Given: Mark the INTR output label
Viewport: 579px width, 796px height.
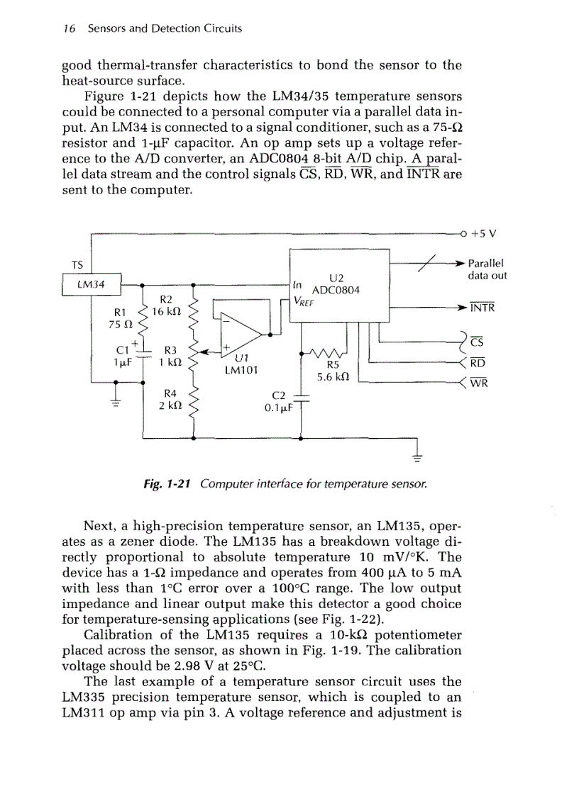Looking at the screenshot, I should [x=482, y=308].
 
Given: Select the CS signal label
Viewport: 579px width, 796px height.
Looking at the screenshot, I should [x=477, y=342].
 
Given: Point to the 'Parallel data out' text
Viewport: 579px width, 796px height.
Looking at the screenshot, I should [x=487, y=269].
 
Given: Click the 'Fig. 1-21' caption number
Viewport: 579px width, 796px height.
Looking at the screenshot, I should [x=168, y=483].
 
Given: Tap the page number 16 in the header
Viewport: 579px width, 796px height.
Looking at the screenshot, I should [x=69, y=28].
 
